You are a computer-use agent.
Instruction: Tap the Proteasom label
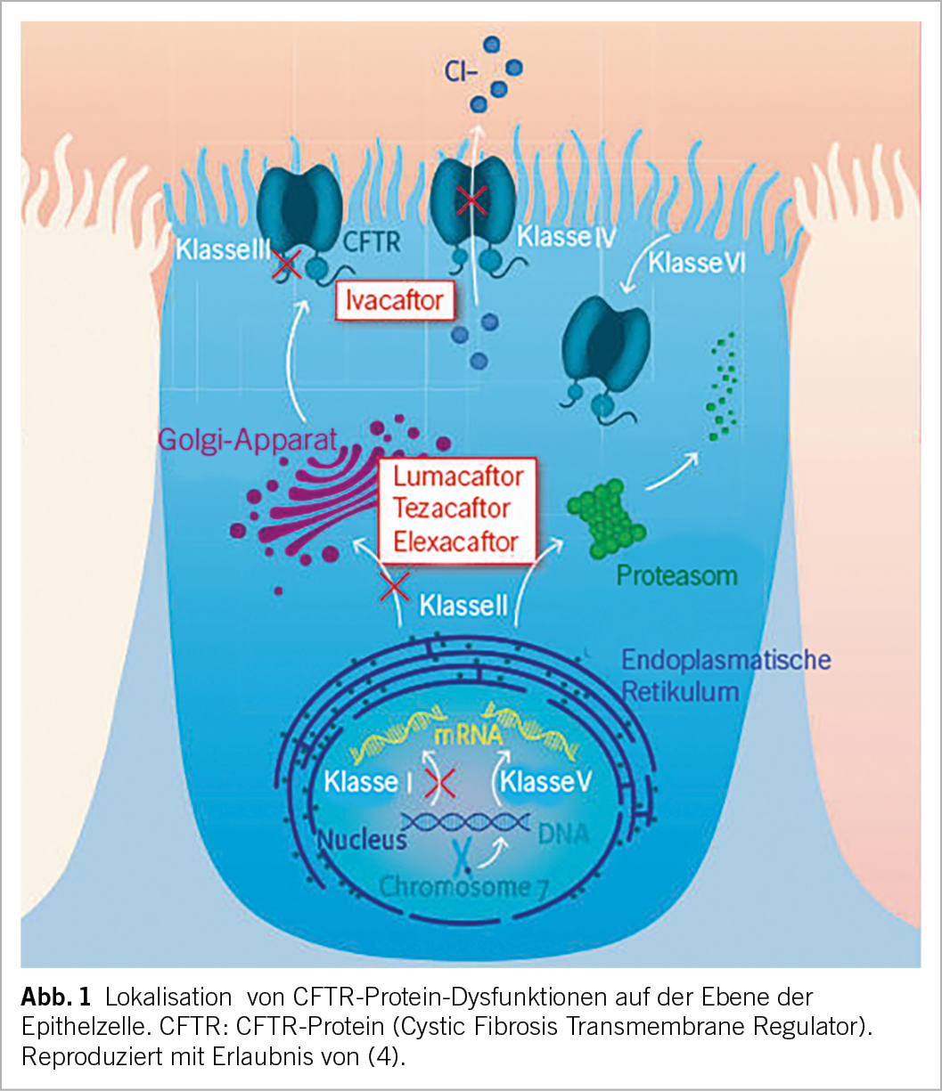pos(677,575)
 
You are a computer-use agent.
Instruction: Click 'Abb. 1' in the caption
pos(55,995)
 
